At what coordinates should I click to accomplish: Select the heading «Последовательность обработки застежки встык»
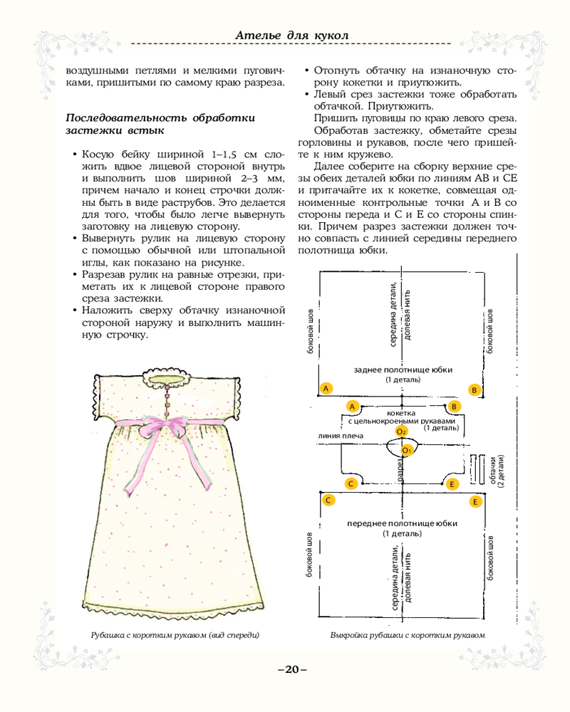(x=160, y=124)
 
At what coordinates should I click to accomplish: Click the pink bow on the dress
(x=165, y=428)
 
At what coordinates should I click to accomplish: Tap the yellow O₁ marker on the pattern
(x=407, y=450)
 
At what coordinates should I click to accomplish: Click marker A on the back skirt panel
(x=326, y=389)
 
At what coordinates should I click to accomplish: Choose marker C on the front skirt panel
(x=328, y=500)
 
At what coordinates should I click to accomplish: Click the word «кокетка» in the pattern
(x=401, y=413)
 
